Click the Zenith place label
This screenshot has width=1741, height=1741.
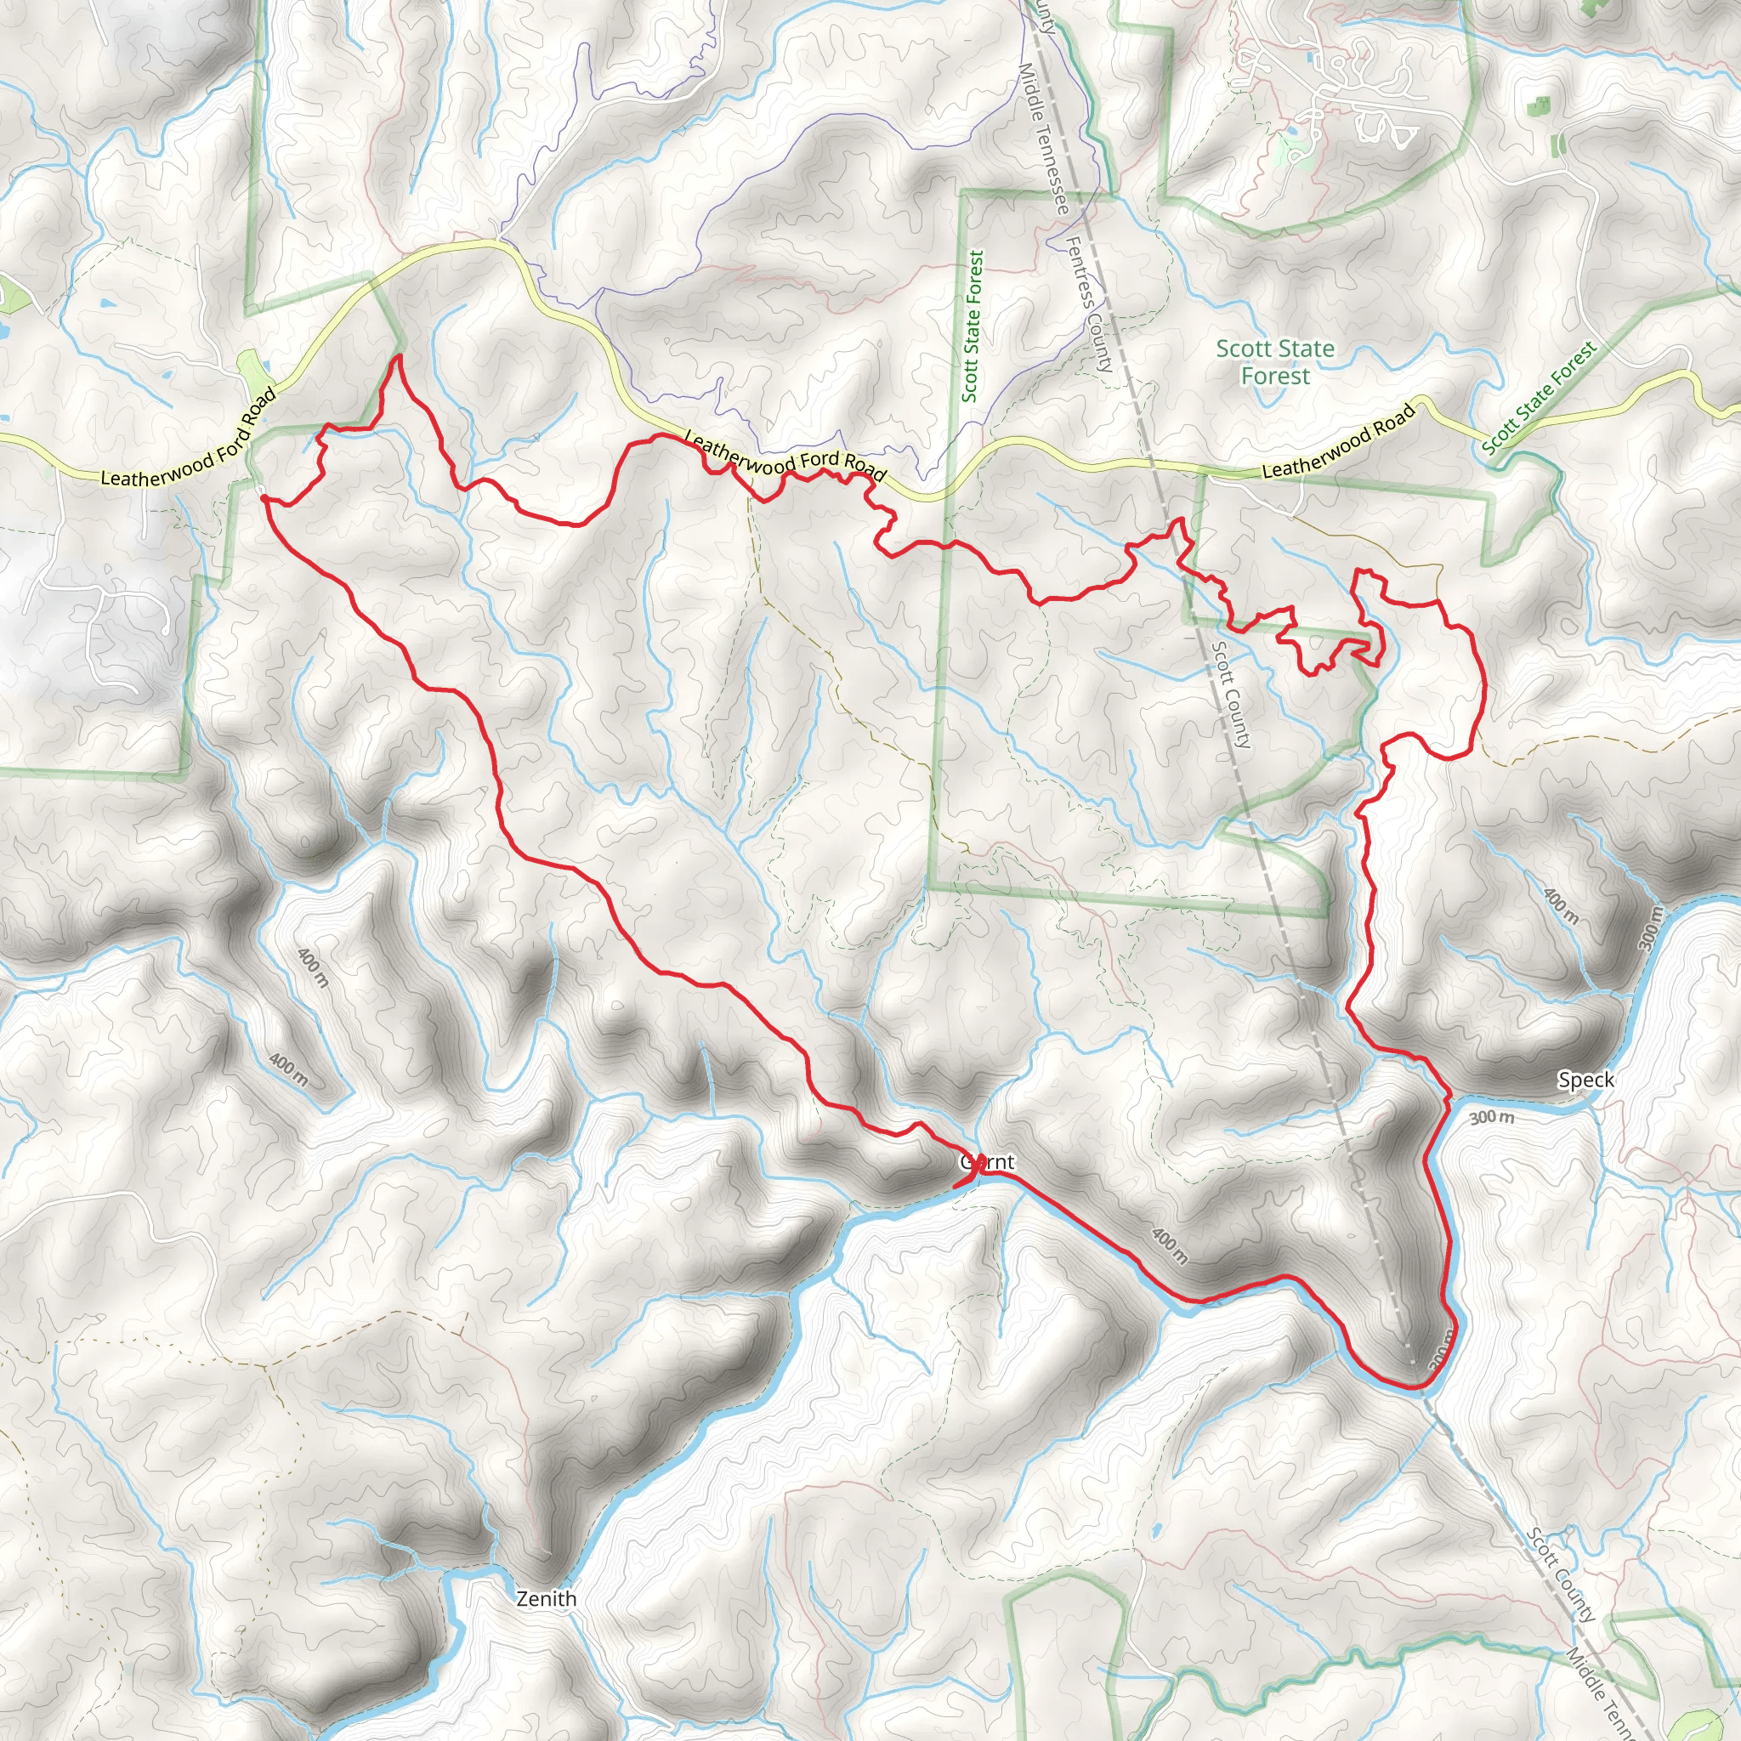point(546,1599)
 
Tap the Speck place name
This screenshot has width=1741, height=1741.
point(1586,1080)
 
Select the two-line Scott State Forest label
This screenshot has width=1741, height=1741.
point(1275,362)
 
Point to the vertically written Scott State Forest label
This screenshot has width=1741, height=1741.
point(972,326)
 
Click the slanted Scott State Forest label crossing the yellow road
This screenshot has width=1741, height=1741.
point(1538,396)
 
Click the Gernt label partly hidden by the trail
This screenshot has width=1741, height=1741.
point(988,1162)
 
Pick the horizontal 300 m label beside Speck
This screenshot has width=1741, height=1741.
point(1492,1117)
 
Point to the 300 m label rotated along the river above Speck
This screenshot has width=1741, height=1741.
point(1648,929)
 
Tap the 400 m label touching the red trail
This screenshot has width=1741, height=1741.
point(1170,1245)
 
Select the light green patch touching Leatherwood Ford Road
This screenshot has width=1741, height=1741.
point(255,371)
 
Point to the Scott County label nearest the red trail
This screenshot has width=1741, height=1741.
point(1232,694)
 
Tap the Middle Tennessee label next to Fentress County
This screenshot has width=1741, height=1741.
point(1044,137)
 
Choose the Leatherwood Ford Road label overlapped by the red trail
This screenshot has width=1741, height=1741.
point(786,456)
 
